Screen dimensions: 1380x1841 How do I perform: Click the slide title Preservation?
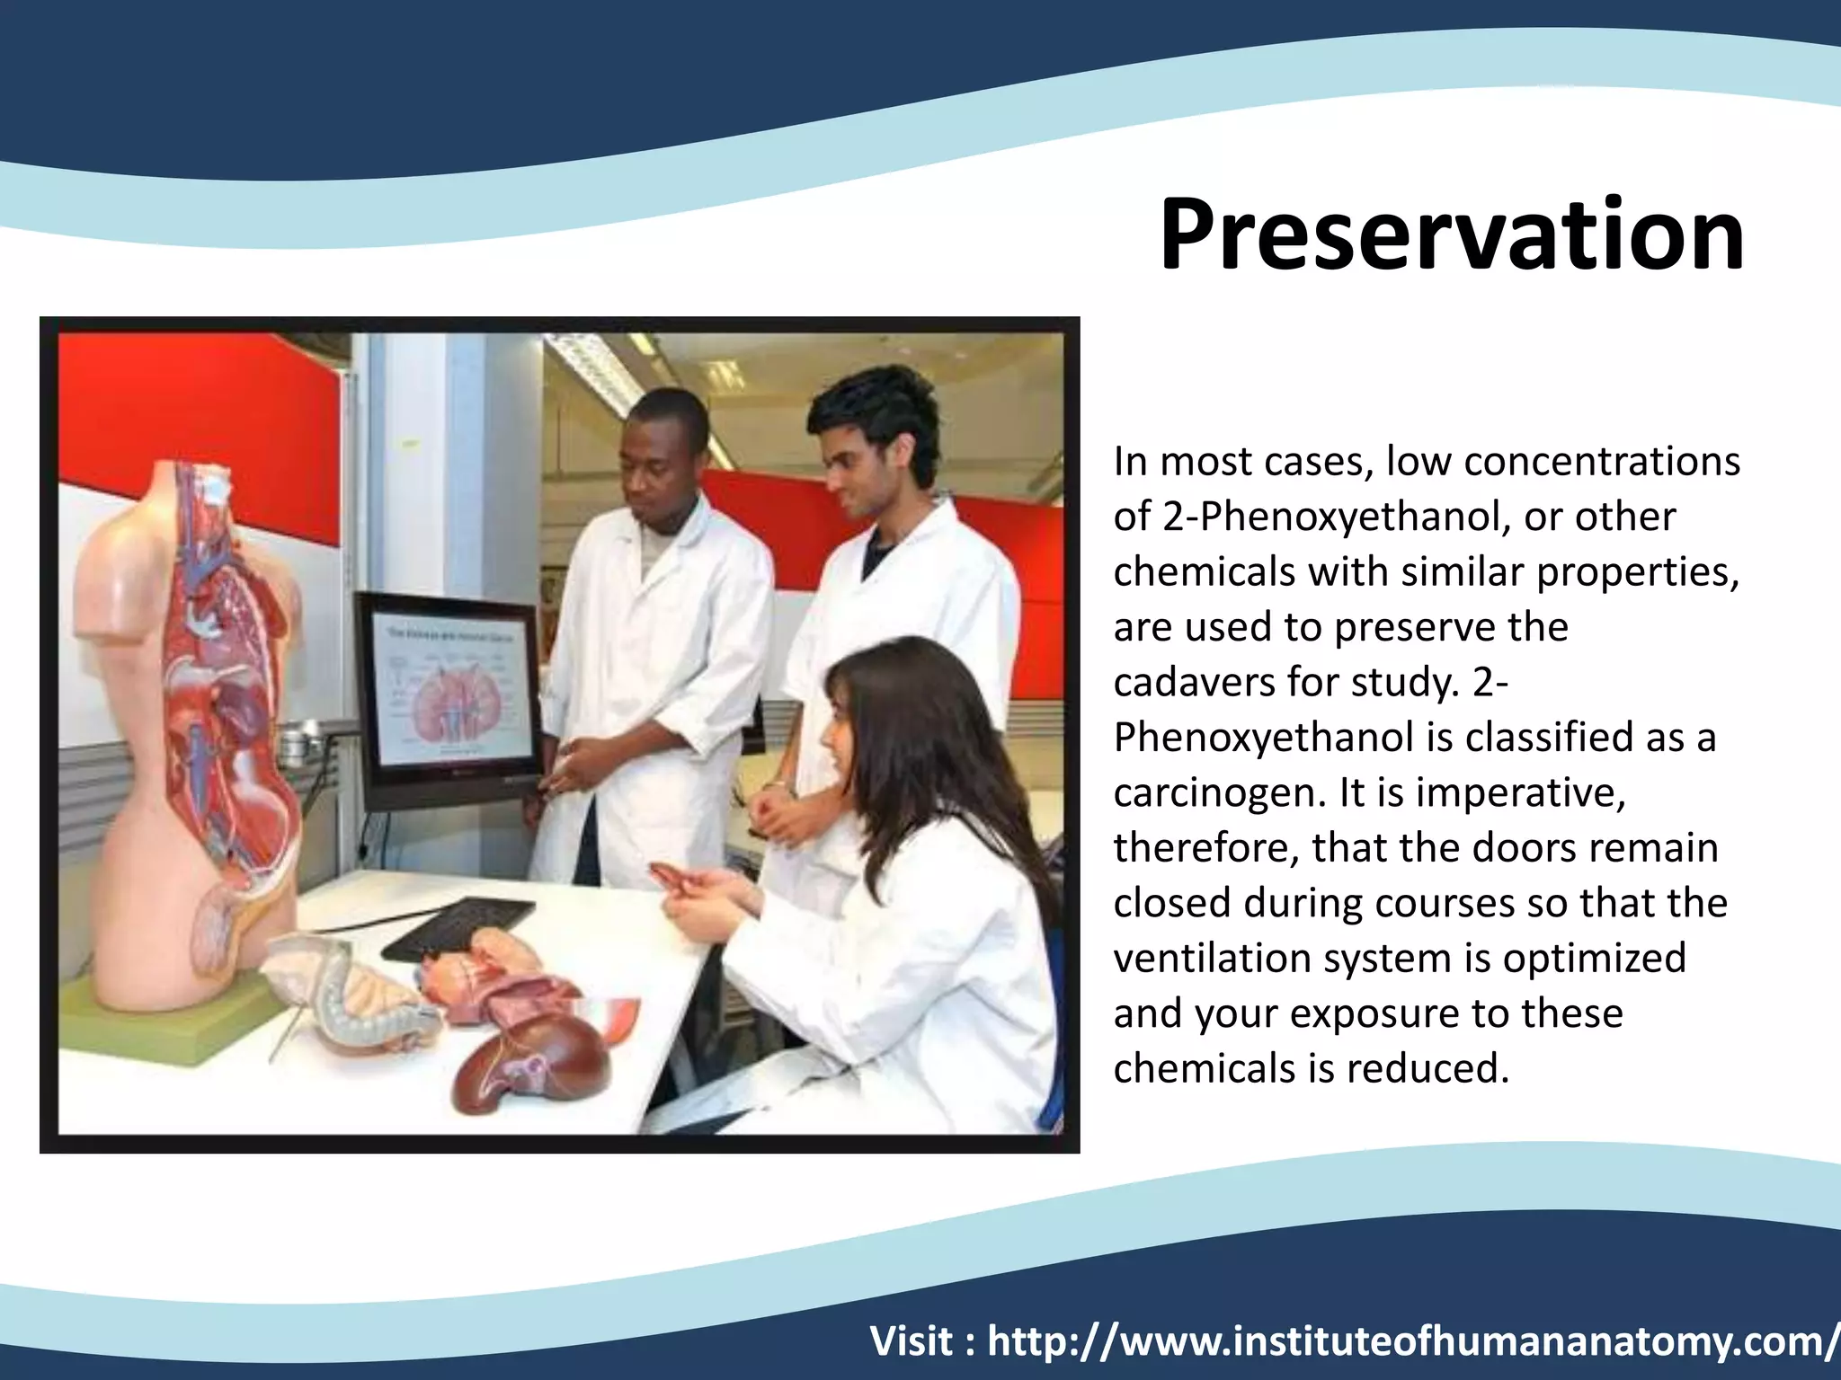tap(1451, 234)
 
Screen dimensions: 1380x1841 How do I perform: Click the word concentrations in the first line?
tap(1602, 462)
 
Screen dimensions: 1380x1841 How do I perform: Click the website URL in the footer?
tap(1411, 1342)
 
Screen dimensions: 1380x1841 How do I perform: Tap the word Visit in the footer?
tap(912, 1342)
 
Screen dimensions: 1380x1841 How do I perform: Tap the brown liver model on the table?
tap(530, 1069)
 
